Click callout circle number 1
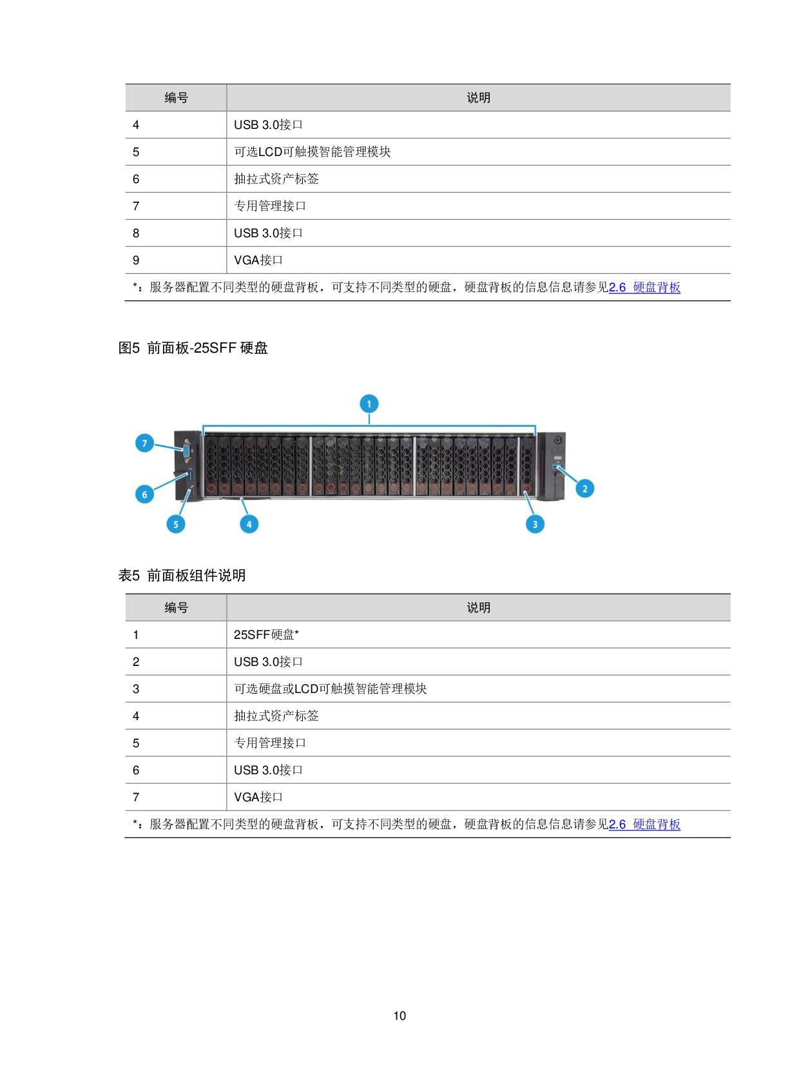click(369, 404)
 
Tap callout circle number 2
click(584, 489)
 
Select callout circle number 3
click(535, 524)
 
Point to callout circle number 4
click(249, 524)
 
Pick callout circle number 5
click(175, 524)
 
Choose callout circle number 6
click(144, 494)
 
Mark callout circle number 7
click(144, 443)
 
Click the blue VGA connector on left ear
click(186, 451)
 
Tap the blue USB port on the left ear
click(191, 476)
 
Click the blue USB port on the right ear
click(557, 465)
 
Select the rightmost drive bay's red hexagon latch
click(526, 489)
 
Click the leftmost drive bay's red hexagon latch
click(211, 489)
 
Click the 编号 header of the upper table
click(176, 98)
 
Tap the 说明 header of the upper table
click(478, 98)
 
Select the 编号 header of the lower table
click(176, 608)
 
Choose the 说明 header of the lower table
click(478, 608)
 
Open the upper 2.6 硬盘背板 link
click(644, 288)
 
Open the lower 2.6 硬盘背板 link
click(644, 825)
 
